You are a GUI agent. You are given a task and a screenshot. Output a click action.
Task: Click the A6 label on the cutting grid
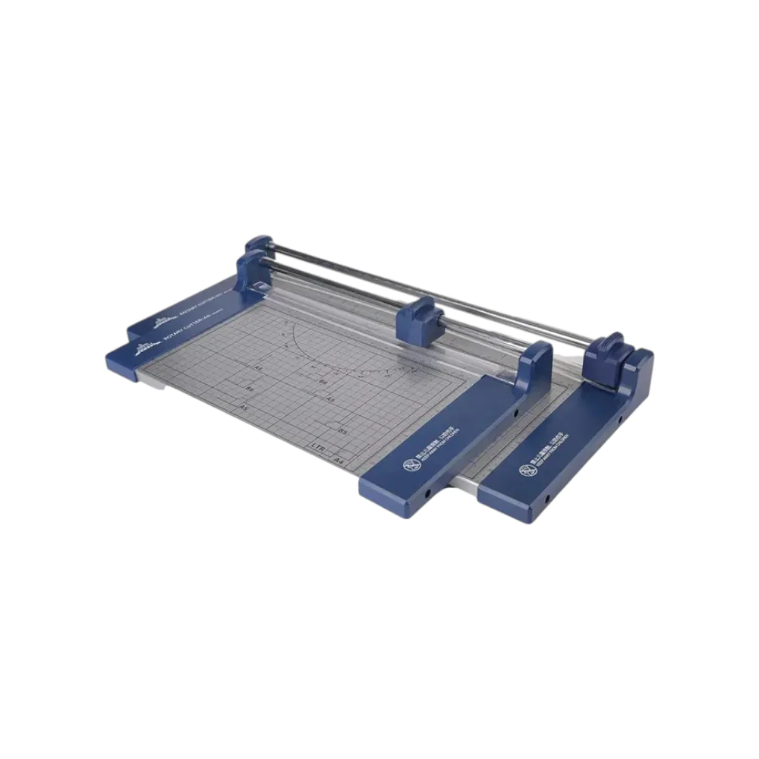click(x=258, y=367)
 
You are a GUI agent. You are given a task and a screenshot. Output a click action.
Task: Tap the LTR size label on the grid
click(x=318, y=447)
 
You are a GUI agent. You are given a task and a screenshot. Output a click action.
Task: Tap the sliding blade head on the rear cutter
click(x=609, y=349)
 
